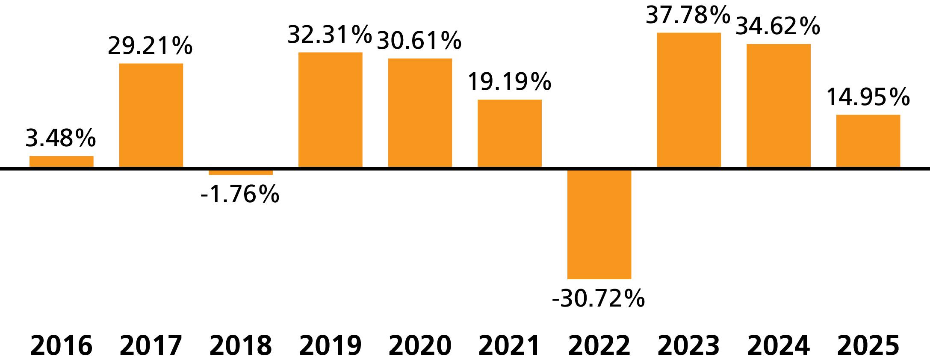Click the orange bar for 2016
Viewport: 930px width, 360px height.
click(62, 162)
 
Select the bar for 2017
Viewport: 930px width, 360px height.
click(151, 115)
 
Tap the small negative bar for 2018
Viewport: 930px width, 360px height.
click(241, 172)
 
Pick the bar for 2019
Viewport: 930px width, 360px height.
click(331, 110)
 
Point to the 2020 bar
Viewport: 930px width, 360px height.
click(420, 113)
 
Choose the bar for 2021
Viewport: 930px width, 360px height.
click(510, 133)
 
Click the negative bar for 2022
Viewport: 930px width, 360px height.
click(599, 224)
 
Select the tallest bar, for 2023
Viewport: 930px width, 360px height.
click(689, 100)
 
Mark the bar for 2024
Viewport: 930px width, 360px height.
click(779, 106)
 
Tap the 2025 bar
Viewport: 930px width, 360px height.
click(868, 141)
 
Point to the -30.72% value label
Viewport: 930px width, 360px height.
click(598, 298)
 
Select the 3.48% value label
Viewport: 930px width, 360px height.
click(61, 138)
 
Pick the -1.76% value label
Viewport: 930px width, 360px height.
click(240, 194)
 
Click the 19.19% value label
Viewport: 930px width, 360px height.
click(509, 82)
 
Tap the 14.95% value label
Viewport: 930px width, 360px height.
click(868, 97)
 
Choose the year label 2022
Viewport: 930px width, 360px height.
click(599, 345)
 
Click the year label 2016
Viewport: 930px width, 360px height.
click(62, 345)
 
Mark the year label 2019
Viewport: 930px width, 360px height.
click(331, 345)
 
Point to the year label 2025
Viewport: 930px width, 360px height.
click(868, 345)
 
